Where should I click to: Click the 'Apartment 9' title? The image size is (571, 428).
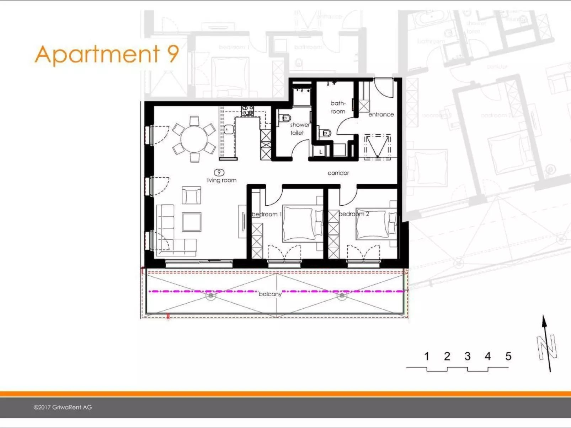107,54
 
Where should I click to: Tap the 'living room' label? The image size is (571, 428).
221,180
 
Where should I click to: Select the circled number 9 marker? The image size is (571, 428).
219,173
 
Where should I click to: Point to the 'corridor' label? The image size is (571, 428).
338,173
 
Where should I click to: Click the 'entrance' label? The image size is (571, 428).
381,114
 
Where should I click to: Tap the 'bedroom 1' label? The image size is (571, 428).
267,214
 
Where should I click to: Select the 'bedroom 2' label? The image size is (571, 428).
353,214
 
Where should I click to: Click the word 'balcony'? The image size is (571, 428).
270,294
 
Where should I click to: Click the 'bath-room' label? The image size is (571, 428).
338,107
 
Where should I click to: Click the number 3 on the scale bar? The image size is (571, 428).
468,356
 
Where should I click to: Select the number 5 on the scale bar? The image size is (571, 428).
508,356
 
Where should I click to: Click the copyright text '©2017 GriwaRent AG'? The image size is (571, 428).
63,407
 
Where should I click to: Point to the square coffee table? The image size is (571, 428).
192,222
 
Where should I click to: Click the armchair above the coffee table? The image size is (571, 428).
191,195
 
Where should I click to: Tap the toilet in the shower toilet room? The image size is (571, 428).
285,118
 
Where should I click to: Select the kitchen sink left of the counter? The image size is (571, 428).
229,130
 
